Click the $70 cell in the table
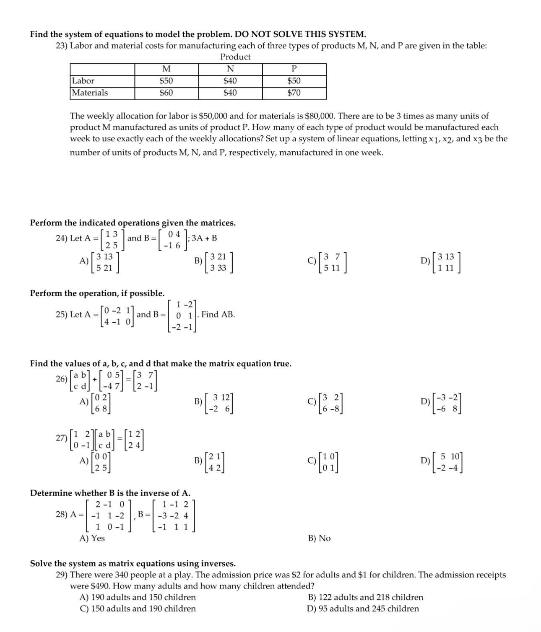294,93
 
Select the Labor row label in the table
83,81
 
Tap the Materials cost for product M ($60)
166,93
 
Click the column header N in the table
230,69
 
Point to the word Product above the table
235,57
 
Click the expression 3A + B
205,238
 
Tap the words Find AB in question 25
218,314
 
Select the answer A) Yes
92,538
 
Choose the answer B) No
319,538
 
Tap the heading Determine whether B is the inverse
110,493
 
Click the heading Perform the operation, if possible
97,293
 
